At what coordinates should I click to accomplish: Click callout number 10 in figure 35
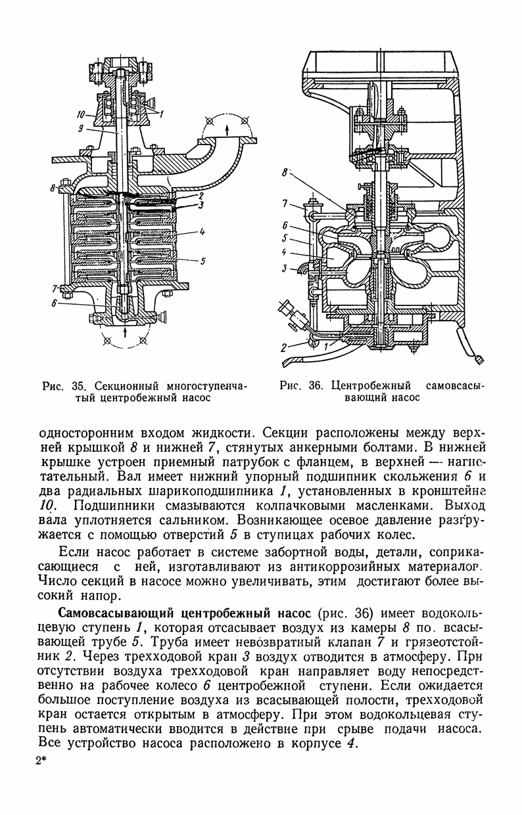pyautogui.click(x=80, y=116)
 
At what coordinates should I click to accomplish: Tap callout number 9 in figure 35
pyautogui.click(x=81, y=129)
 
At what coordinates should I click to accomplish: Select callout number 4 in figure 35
pyautogui.click(x=202, y=232)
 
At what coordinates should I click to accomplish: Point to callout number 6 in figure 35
pyautogui.click(x=54, y=302)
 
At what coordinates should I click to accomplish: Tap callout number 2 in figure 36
pyautogui.click(x=284, y=348)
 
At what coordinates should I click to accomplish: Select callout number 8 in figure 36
pyautogui.click(x=285, y=173)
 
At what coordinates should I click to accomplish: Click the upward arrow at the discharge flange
pyautogui.click(x=227, y=129)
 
